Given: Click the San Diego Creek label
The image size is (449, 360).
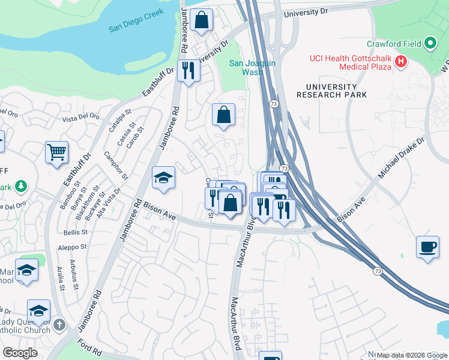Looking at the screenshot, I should click(x=137, y=28).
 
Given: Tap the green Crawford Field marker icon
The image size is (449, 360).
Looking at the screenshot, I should click(x=430, y=44).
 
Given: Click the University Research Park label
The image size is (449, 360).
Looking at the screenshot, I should click(x=327, y=91).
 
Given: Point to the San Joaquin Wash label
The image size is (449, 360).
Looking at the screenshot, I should click(x=253, y=67).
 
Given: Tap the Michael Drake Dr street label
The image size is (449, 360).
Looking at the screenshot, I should click(x=401, y=157).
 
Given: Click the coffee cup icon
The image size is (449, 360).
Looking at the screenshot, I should click(x=427, y=247).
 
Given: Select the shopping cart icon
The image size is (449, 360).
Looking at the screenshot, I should click(x=56, y=152).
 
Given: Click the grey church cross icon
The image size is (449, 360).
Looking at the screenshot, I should click(x=58, y=325).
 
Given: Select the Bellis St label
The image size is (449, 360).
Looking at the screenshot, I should click(x=76, y=232).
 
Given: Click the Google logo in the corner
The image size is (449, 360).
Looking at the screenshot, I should click(x=20, y=352).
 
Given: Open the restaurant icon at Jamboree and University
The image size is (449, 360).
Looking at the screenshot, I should click(x=189, y=70).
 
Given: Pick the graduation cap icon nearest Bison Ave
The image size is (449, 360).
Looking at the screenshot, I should click(x=163, y=178).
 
